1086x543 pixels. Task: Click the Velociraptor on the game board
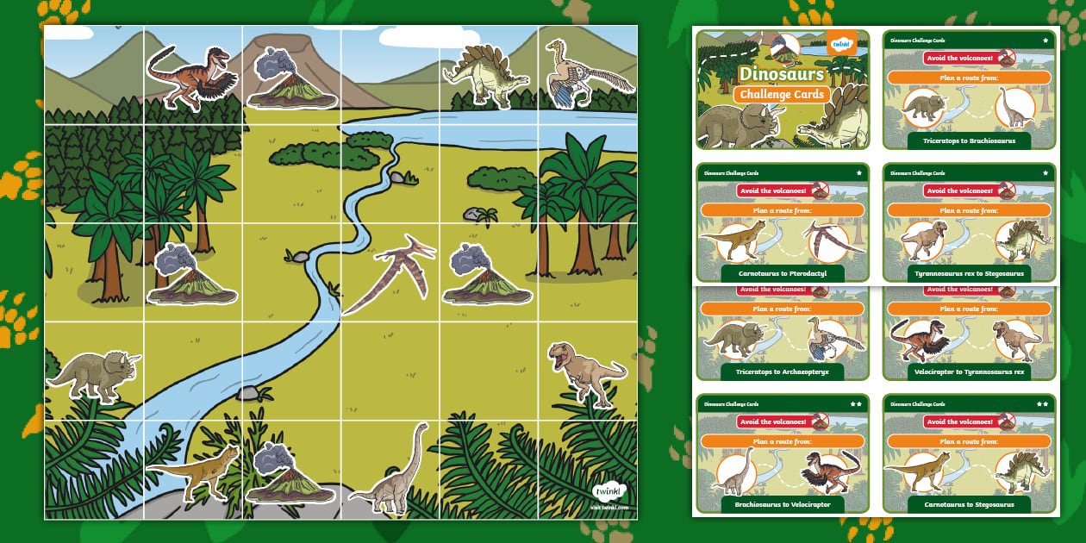coord(189,77)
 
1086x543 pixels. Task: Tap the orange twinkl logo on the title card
coord(841,44)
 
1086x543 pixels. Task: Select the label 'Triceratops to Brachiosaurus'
coord(969,140)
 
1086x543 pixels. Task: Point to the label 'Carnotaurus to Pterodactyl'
coord(782,273)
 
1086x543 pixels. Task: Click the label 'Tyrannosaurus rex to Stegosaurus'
coord(969,273)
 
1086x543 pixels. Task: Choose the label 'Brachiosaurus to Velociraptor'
coord(782,504)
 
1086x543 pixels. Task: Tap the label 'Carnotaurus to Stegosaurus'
coord(969,504)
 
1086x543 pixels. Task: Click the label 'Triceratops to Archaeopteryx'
coord(782,371)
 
